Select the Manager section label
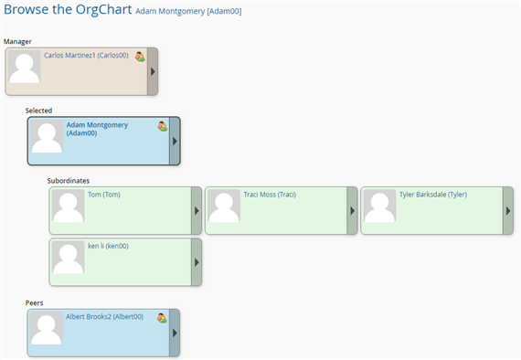pos(18,41)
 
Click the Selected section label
pos(38,111)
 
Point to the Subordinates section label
pos(69,180)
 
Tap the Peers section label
pos(35,302)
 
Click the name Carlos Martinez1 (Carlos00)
pos(88,56)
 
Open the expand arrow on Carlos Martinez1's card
pos(153,71)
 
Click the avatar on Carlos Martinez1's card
pos(24,69)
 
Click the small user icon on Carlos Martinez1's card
pos(140,57)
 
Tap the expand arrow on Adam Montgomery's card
pos(175,141)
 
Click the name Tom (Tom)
pos(103,195)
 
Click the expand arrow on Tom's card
pos(196,210)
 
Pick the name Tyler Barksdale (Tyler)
pos(433,195)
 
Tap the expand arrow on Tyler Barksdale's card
pos(507,210)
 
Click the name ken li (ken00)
pos(108,246)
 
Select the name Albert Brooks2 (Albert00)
pos(104,317)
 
